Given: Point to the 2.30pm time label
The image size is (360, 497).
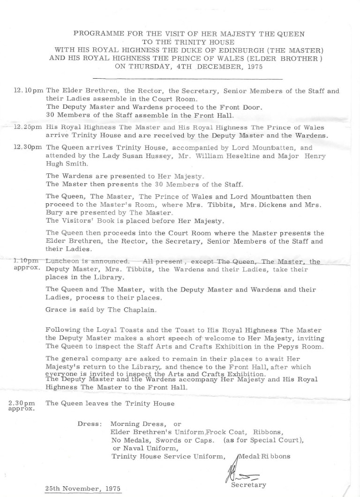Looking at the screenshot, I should [x=22, y=403].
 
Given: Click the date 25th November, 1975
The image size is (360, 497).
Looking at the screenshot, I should [x=82, y=488].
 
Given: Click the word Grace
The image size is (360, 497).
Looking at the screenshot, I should [x=56, y=310].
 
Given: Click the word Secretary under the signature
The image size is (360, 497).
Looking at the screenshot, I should [x=249, y=485].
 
